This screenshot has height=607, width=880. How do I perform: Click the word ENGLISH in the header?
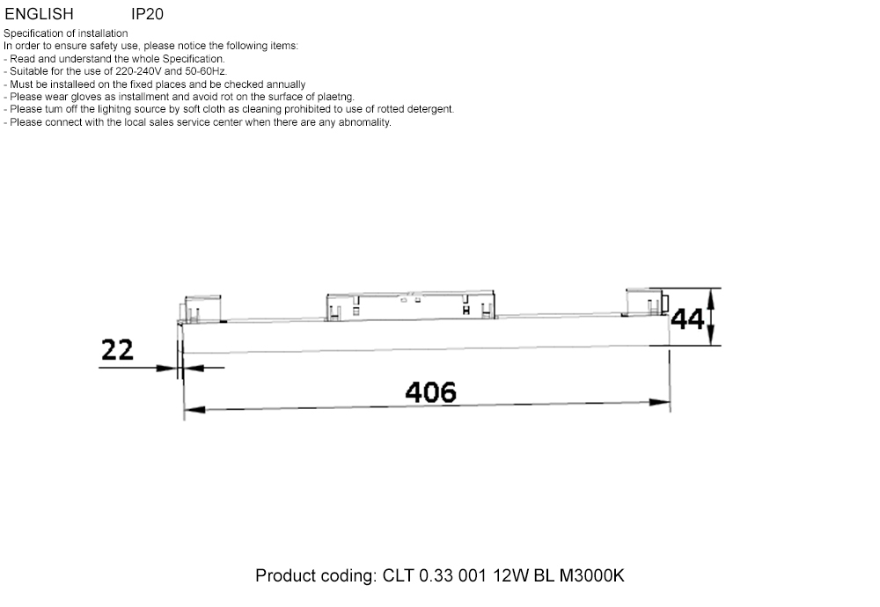pos(39,14)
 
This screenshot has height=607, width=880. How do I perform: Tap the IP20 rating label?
pos(147,14)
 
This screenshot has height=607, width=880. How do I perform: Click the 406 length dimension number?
pos(430,391)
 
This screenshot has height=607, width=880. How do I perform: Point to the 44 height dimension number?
pos(687,318)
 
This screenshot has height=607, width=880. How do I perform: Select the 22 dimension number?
pos(117,350)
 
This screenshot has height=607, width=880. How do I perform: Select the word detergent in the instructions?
pos(430,109)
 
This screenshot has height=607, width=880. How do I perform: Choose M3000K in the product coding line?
pos(591,576)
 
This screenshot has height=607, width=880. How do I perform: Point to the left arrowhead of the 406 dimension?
pos(194,409)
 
